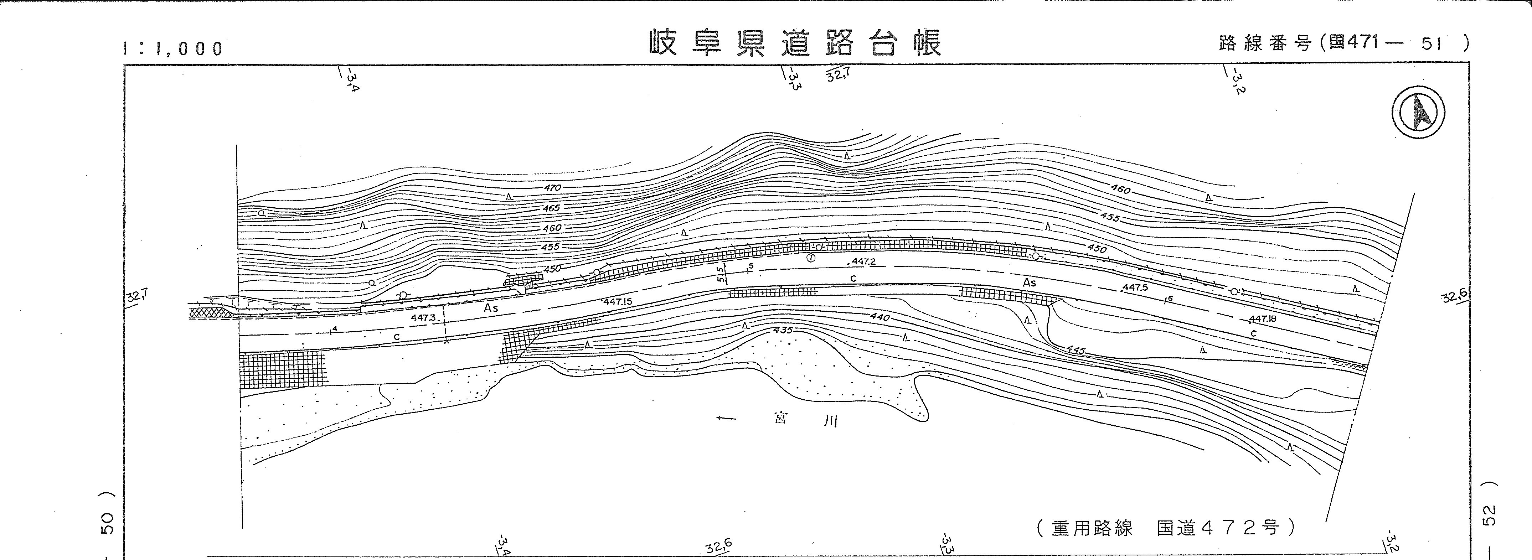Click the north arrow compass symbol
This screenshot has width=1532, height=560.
1418,112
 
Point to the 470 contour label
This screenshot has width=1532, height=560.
552,188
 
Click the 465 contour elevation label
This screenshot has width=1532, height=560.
551,208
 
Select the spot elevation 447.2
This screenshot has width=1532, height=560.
863,261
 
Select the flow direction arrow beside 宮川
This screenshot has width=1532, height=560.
727,419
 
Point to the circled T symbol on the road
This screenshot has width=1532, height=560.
810,258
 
